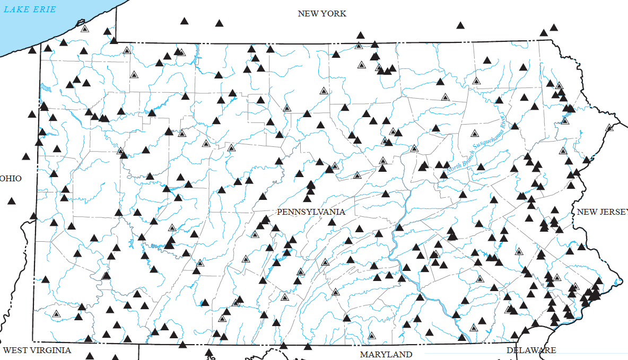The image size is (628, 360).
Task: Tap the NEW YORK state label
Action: pyautogui.click(x=322, y=14)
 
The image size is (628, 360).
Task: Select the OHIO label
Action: pyautogui.click(x=11, y=178)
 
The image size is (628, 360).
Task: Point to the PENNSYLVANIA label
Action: pyautogui.click(x=311, y=212)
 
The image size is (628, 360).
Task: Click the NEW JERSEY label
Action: pyautogui.click(x=602, y=212)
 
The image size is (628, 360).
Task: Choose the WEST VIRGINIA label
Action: pyautogui.click(x=37, y=350)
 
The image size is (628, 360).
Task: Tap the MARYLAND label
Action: pyautogui.click(x=386, y=354)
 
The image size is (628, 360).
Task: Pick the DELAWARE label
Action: pyautogui.click(x=531, y=350)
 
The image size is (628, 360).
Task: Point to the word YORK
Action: pyautogui.click(x=334, y=14)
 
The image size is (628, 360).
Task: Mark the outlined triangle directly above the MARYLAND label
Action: pyautogui.click(x=372, y=336)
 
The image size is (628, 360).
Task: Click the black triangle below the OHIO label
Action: pyautogui.click(x=11, y=200)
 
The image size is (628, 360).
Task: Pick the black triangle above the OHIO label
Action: pyautogui.click(x=26, y=156)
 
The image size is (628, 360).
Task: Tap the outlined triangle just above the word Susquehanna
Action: pyautogui.click(x=475, y=133)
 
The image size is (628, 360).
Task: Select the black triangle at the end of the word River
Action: pyautogui.click(x=514, y=126)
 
